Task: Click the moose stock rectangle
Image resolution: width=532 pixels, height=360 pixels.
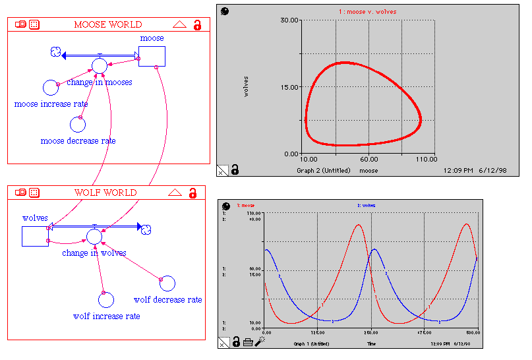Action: point(152,57)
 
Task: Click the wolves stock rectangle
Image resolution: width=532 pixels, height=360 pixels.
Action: point(35,235)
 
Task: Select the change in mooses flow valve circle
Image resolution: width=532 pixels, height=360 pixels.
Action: point(99,65)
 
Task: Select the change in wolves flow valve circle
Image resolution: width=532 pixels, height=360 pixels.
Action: point(94,236)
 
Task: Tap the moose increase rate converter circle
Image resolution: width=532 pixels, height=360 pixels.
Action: point(50,87)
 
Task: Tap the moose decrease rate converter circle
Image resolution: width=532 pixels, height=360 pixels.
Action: point(78,124)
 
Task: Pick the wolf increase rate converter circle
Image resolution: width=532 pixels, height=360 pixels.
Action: point(106,300)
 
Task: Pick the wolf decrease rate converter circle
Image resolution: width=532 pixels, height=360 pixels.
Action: point(167,284)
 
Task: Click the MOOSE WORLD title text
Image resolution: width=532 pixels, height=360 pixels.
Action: point(107,24)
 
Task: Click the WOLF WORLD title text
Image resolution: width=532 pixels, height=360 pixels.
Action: point(105,193)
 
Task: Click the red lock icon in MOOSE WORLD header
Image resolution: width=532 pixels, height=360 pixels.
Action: point(197,25)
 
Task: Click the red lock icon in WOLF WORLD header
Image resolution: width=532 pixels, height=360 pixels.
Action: point(193,193)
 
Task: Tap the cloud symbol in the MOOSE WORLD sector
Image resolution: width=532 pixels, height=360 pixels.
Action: point(55,52)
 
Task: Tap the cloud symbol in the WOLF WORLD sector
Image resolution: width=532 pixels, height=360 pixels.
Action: point(147,229)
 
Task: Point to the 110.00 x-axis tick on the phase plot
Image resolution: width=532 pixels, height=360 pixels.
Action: point(426,159)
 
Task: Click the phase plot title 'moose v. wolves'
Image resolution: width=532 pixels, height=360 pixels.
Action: point(373,12)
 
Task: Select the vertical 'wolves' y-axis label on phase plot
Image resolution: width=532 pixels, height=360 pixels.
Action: point(247,86)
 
